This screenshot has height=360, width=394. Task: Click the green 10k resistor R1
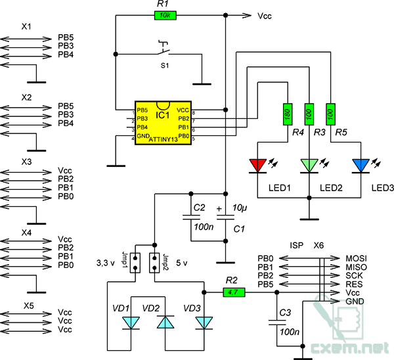pyautogui.click(x=165, y=15)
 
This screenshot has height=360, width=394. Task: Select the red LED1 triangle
pyautogui.click(x=257, y=166)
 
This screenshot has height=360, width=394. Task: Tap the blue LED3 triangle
pyautogui.click(x=361, y=166)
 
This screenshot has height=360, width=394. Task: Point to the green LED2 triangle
pyautogui.click(x=309, y=166)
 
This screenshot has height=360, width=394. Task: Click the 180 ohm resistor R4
pyautogui.click(x=288, y=114)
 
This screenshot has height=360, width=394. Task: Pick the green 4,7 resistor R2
pyautogui.click(x=234, y=292)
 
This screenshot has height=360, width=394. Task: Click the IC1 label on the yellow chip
pyautogui.click(x=163, y=116)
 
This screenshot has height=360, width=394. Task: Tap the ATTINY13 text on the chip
pyautogui.click(x=163, y=139)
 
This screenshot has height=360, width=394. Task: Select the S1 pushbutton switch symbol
pyautogui.click(x=164, y=49)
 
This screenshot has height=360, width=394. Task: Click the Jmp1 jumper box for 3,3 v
pyautogui.click(x=135, y=263)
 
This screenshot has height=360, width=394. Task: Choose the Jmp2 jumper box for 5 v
pyautogui.click(x=154, y=263)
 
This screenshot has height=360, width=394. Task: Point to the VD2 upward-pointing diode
pyautogui.click(x=165, y=323)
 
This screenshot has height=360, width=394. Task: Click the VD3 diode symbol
pyautogui.click(x=204, y=323)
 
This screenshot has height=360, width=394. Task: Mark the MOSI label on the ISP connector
pyautogui.click(x=356, y=259)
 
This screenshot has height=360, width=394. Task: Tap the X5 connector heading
pyautogui.click(x=29, y=306)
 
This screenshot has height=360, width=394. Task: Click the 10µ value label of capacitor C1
pyautogui.click(x=240, y=208)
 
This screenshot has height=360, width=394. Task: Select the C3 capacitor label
pyautogui.click(x=285, y=313)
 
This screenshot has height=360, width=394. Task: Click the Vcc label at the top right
pyautogui.click(x=265, y=16)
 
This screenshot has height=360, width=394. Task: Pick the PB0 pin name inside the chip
pyautogui.click(x=184, y=136)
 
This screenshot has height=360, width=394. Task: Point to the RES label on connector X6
pyautogui.click(x=354, y=284)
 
